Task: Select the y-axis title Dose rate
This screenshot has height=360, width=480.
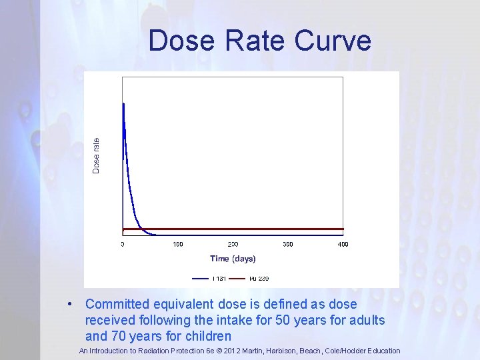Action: (x=96, y=155)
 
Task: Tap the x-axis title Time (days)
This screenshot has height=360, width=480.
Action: (x=233, y=259)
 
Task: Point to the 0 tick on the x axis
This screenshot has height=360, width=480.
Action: (x=123, y=245)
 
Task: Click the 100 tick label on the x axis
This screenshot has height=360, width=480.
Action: (x=178, y=245)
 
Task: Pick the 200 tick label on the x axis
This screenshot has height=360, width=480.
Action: (x=233, y=245)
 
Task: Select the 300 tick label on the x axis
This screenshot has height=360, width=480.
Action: (x=288, y=245)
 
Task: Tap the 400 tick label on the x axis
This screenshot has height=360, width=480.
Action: (x=343, y=245)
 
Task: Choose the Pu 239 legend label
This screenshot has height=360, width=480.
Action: (x=259, y=278)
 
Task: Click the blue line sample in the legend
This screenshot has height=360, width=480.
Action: (x=201, y=278)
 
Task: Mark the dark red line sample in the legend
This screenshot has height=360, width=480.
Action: (x=238, y=278)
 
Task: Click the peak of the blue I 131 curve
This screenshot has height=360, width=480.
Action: (x=123, y=104)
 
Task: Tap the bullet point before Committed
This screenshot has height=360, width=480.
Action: (x=70, y=304)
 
